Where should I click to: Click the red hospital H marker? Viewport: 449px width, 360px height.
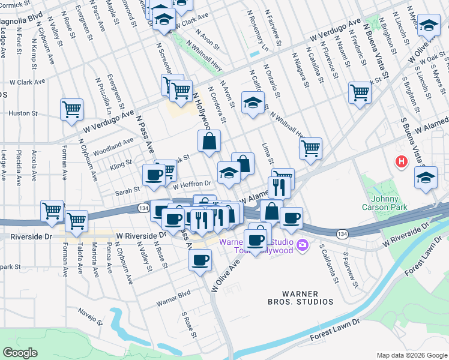pos(400,161)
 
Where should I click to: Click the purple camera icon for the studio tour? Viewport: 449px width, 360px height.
pos(303,245)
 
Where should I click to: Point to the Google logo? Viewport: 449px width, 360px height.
pos(20,353)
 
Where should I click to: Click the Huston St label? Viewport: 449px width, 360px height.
pos(23,113)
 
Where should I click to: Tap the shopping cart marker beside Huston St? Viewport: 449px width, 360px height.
pos(71,110)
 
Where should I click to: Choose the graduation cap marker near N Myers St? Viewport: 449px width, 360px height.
pos(429,25)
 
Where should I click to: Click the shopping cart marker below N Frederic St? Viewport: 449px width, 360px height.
pos(360,92)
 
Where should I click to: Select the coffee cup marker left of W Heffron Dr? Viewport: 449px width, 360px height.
pos(154,175)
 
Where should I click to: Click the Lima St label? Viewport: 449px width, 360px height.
pos(268,154)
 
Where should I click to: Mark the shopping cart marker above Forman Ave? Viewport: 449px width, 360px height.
pos(52,211)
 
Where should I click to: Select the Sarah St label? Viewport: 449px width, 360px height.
pos(127,189)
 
